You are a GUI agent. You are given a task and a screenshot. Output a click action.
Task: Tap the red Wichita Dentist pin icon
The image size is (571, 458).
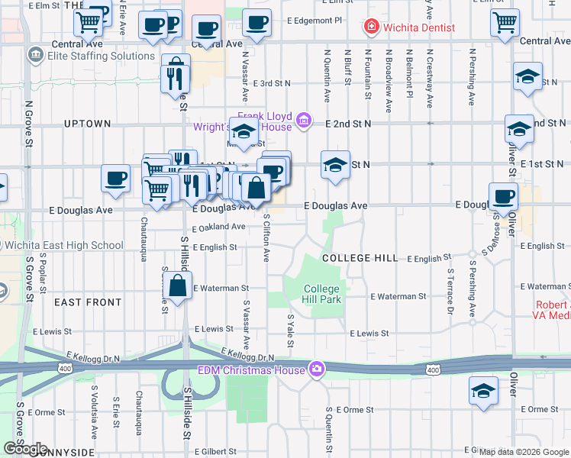[372, 27]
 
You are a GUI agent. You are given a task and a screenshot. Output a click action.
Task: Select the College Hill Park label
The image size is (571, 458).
[321, 294]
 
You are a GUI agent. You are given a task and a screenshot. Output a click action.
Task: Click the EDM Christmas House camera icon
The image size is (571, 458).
[316, 370]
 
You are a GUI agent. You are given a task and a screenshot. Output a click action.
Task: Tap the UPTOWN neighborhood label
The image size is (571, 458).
[87, 123]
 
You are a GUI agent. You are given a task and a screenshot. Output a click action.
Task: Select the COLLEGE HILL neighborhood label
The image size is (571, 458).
[360, 258]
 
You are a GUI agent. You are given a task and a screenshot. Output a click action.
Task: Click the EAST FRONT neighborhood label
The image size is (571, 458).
[88, 302]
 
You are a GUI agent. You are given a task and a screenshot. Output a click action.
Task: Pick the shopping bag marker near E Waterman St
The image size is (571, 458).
[177, 287]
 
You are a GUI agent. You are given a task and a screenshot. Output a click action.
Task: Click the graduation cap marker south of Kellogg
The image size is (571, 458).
[482, 392]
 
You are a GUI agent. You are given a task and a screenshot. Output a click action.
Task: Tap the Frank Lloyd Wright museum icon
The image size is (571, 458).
[304, 120]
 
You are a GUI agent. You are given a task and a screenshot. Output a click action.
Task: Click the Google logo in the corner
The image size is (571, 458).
[25, 448]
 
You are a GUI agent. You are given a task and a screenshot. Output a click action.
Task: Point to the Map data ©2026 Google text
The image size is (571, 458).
[523, 452]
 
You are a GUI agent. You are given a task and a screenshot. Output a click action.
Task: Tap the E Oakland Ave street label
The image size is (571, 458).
[218, 227]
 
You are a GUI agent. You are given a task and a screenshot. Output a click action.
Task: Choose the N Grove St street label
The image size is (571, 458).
[29, 129]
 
